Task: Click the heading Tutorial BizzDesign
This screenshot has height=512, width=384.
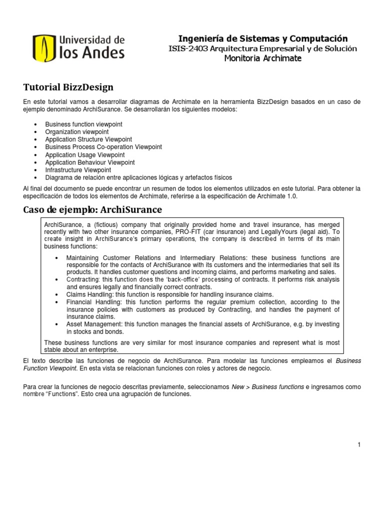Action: click(68, 87)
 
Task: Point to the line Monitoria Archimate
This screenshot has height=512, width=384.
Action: click(263, 58)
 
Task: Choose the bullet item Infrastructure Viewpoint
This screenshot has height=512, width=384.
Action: click(78, 170)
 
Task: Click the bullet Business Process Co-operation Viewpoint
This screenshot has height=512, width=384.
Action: click(103, 147)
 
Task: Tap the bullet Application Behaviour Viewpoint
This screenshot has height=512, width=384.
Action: click(89, 162)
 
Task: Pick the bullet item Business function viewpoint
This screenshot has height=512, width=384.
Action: click(83, 124)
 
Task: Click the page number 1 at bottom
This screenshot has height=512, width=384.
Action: click(359, 445)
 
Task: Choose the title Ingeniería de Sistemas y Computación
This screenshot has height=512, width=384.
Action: click(263, 38)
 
